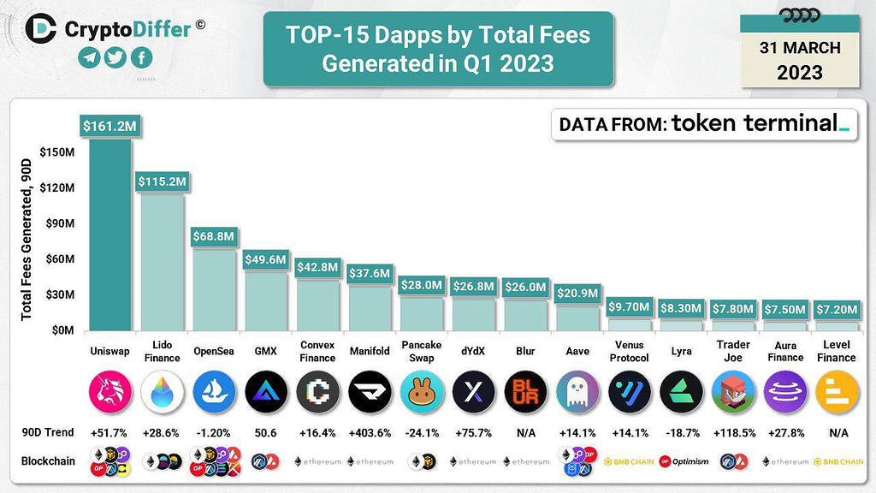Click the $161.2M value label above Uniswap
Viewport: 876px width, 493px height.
[109, 127]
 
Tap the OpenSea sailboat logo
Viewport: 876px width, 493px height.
[214, 392]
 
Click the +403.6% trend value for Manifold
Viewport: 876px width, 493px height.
[370, 433]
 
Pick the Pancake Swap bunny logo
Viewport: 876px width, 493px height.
[421, 392]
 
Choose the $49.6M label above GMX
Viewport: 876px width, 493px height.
[266, 259]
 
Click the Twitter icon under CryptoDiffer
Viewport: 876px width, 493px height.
[115, 57]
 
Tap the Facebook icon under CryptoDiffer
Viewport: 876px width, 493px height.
[140, 57]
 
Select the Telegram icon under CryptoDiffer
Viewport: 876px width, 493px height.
[90, 57]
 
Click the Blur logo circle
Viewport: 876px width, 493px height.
[524, 392]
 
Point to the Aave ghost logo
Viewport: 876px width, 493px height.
[577, 392]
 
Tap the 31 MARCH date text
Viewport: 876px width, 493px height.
[799, 47]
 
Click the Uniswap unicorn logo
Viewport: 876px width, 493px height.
[110, 392]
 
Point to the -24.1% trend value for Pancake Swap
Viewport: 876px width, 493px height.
[421, 433]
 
